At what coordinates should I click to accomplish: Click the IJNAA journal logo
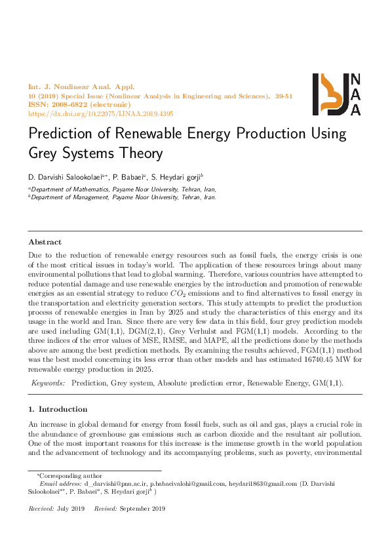coord(336,94)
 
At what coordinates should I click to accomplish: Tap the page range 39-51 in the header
coord(284,96)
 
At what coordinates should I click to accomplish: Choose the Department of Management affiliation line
coord(123,197)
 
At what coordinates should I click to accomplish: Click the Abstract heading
coord(45,242)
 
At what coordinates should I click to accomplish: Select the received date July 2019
coord(71,509)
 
